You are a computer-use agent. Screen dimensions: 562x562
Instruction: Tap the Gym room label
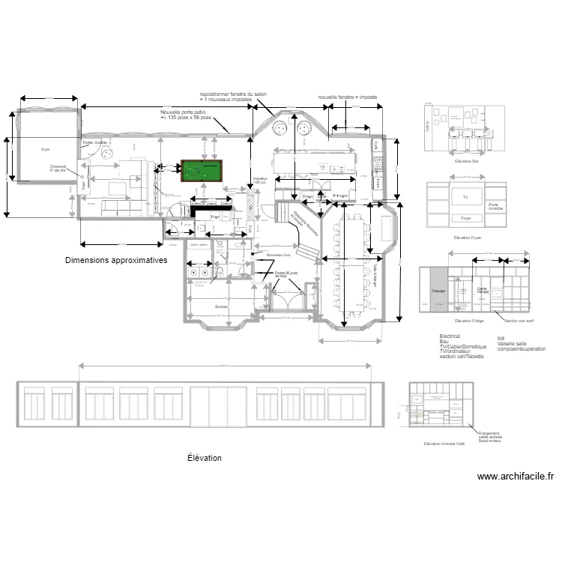point(46,150)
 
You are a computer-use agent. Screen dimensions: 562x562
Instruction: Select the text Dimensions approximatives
point(115,260)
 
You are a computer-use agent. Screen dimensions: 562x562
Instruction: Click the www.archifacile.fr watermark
point(515,476)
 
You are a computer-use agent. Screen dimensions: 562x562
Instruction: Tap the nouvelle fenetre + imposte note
point(347,97)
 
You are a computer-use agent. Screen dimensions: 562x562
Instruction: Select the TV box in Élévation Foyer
point(465,196)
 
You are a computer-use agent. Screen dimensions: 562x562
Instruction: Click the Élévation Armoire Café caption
point(444,444)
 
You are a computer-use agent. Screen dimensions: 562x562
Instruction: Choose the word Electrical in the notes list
point(450,336)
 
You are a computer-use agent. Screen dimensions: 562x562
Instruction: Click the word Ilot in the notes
point(501,338)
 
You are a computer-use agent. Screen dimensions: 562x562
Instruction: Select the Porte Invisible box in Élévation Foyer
point(493,205)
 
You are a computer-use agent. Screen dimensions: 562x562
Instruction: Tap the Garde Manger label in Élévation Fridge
point(482,290)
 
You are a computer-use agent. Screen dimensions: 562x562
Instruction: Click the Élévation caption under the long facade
point(204,457)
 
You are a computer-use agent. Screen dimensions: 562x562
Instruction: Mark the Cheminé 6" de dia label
point(58,169)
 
